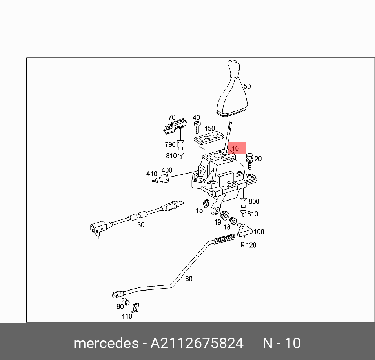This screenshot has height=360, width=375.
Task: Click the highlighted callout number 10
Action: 235,148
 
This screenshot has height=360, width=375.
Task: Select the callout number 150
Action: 209,128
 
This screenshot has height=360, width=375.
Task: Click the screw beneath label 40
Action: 197,127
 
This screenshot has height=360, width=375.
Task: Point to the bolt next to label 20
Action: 250,161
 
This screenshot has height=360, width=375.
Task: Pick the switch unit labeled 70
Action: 175,126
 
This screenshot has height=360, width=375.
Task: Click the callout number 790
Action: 170,144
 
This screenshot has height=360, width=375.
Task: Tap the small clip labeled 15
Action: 206,203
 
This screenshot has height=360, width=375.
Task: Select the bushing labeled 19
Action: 224,215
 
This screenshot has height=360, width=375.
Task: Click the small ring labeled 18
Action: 233,221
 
